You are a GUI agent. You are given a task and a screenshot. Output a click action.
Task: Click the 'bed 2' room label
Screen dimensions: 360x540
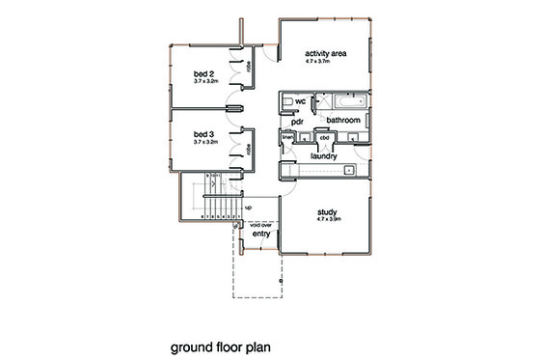202,73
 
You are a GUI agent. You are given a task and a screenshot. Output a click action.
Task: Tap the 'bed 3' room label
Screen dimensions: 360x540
202,133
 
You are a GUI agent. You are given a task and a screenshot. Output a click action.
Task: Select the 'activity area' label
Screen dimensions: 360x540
325,53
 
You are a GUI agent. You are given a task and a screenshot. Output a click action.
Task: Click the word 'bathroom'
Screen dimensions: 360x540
343,120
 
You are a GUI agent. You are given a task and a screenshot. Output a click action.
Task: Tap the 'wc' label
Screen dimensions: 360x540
301,101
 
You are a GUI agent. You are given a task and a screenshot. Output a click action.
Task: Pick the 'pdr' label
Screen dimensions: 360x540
299,123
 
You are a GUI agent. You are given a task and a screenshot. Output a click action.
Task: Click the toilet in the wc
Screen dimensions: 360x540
287,100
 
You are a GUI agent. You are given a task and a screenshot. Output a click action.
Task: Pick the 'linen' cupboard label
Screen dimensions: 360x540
287,137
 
